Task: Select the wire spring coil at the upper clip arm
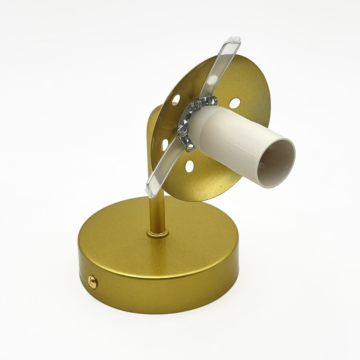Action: (209, 100)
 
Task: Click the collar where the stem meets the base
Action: (158, 234)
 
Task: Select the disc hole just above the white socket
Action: (235, 103)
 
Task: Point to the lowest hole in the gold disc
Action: (189, 166)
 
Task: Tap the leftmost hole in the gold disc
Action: (165, 144)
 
